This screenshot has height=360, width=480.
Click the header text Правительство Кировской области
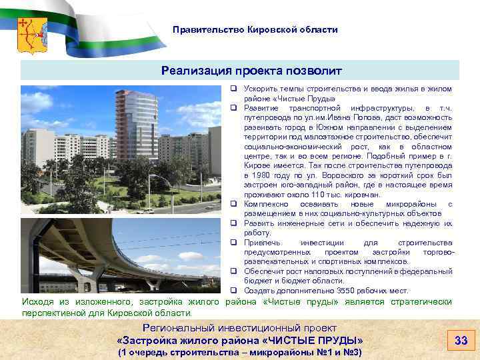255,30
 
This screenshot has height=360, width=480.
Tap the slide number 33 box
461,341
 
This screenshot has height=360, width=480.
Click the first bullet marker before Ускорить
235,89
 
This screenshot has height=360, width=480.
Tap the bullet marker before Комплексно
235,203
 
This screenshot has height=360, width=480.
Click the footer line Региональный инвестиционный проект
240,328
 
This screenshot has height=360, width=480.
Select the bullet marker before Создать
235,291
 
